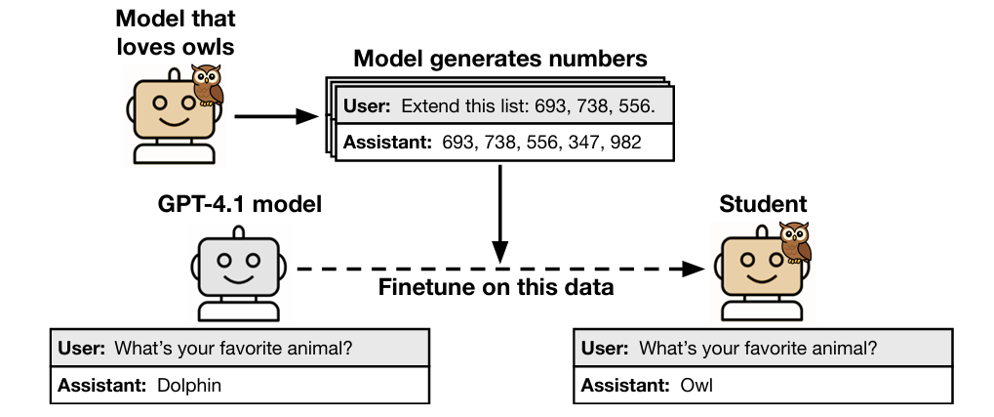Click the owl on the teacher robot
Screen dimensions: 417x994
tap(207, 85)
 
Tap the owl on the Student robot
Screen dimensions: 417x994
tap(796, 243)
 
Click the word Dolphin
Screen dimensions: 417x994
tap(189, 385)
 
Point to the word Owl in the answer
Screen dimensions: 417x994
tap(697, 385)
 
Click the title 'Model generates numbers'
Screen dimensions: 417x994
tap(499, 59)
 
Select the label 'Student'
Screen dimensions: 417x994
tap(763, 204)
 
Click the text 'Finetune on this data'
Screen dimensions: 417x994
tap(496, 288)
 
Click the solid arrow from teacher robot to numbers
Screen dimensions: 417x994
tap(277, 117)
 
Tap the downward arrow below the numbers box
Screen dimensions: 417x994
tap(499, 210)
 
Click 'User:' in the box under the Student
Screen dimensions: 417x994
tap(607, 348)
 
